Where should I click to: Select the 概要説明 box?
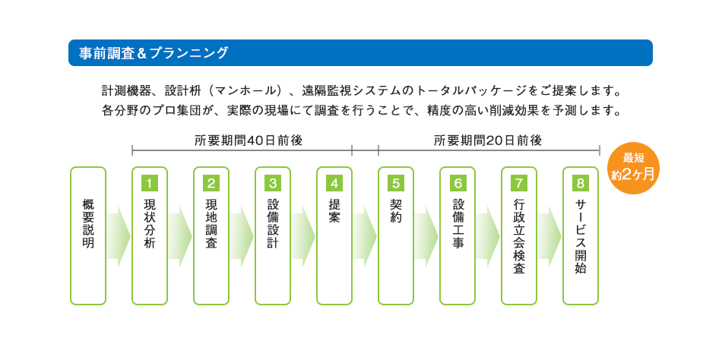tap(88, 235)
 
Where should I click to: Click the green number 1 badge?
tap(150, 183)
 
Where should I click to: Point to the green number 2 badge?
tap(211, 183)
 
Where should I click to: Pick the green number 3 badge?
tap(273, 183)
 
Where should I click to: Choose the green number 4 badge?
tap(334, 183)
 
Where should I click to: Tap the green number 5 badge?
tap(396, 183)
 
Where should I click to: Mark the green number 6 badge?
tap(458, 183)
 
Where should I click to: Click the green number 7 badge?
tap(519, 183)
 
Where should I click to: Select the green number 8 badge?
tap(581, 183)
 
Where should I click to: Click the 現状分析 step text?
tap(150, 225)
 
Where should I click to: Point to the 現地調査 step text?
tap(211, 225)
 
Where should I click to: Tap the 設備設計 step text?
tap(273, 225)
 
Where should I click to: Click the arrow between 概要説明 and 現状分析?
tap(119, 235)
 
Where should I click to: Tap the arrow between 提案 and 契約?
tap(365, 235)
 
